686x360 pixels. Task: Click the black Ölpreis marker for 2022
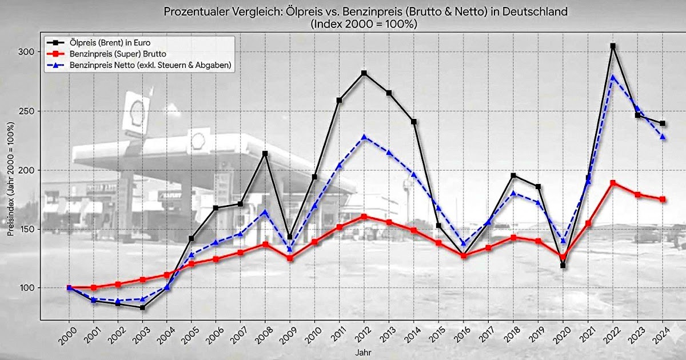click(613, 46)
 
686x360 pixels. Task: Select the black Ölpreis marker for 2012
click(364, 73)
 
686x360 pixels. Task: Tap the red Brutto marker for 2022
click(613, 183)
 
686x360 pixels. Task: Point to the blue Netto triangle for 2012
click(364, 137)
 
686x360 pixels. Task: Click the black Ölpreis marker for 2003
click(142, 307)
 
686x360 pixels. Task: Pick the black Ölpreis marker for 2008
click(265, 153)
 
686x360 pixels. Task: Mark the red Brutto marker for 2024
click(663, 199)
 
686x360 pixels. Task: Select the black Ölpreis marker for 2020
click(563, 266)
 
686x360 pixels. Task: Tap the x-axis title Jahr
click(361, 353)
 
